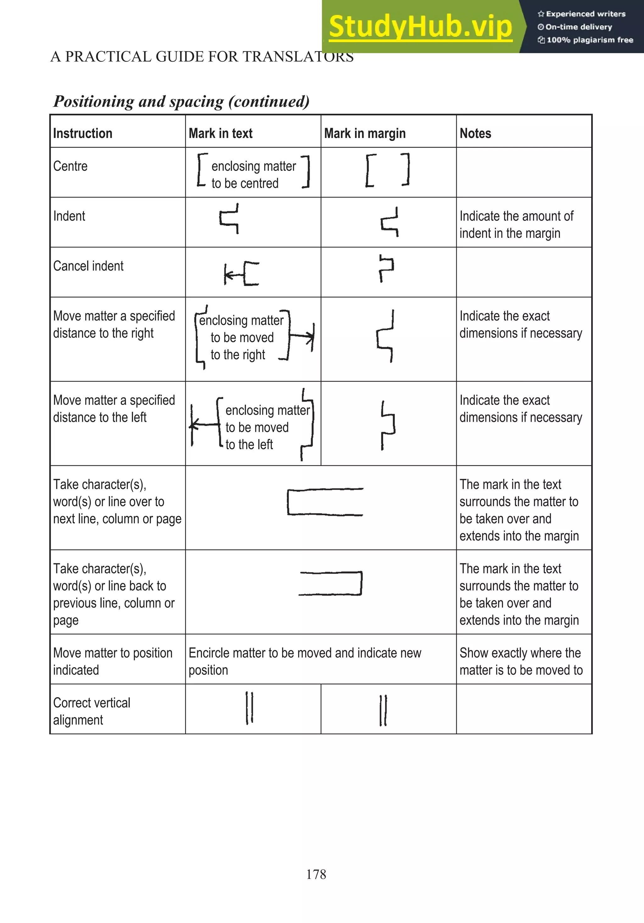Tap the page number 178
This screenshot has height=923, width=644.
[x=316, y=874]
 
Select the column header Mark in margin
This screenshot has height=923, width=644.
[x=365, y=133]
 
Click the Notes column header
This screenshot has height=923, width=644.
[x=475, y=133]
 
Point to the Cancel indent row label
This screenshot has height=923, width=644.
[x=88, y=266]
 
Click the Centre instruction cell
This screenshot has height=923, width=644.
[x=70, y=166]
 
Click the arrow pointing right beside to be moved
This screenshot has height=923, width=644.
[x=302, y=335]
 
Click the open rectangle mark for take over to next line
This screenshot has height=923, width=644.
[x=325, y=502]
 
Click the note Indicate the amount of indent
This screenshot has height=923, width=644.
[x=516, y=225]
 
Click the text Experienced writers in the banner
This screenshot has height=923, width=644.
[x=585, y=14]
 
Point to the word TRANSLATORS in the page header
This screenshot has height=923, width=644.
[x=297, y=57]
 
